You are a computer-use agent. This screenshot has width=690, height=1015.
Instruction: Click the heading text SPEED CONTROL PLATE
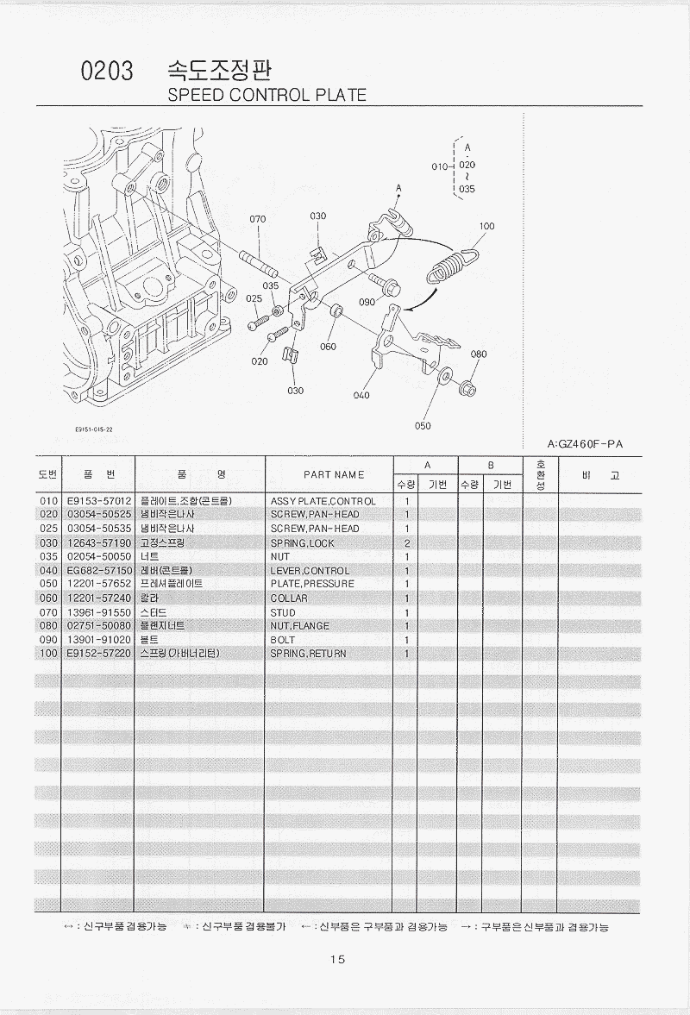(267, 95)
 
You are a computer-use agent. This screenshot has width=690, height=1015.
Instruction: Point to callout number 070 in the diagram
(257, 220)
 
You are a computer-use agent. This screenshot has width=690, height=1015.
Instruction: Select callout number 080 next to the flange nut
(479, 354)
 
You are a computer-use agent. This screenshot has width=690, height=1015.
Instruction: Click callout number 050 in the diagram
(423, 425)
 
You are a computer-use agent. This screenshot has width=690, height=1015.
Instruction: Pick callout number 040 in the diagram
(361, 397)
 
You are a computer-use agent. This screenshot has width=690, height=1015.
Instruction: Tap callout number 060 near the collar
(328, 347)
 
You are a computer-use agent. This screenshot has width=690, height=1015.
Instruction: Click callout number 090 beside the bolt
(367, 303)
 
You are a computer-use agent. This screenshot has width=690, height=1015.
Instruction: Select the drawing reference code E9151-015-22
(94, 429)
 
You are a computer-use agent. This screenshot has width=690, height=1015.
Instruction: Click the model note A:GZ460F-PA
(585, 444)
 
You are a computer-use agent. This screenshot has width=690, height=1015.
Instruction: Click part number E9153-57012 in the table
(98, 501)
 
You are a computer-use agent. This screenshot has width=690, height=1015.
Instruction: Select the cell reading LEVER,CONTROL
(310, 571)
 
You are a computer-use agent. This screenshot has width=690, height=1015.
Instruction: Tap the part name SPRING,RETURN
(308, 654)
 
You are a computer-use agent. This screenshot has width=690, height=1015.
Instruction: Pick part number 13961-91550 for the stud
(98, 612)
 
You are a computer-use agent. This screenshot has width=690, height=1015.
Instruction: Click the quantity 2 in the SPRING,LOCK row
(406, 543)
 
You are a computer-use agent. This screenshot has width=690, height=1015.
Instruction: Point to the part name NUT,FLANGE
(300, 626)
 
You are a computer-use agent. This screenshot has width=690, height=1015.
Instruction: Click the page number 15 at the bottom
(337, 960)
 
